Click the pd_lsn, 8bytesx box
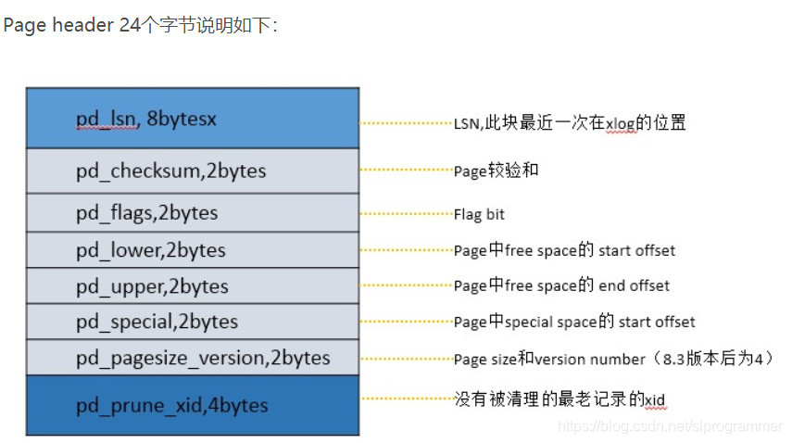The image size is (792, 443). [192, 119]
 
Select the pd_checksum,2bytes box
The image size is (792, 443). [192, 171]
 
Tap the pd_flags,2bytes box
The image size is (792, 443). [192, 213]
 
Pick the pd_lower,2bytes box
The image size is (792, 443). [192, 250]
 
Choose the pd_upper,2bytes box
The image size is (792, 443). [192, 286]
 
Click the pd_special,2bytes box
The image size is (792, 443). [192, 322]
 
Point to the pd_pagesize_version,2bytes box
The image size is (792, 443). [192, 358]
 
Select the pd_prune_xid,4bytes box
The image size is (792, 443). [192, 405]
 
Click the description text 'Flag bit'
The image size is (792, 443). [479, 214]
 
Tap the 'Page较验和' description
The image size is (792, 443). [496, 171]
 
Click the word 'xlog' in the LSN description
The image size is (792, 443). [621, 123]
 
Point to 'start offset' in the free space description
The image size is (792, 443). [637, 250]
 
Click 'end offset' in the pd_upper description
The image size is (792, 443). [635, 285]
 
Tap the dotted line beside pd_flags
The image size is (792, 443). [405, 214]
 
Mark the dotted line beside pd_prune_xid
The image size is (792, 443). [405, 399]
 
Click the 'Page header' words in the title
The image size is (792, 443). [57, 25]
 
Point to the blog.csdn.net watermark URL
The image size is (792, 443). [672, 425]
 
